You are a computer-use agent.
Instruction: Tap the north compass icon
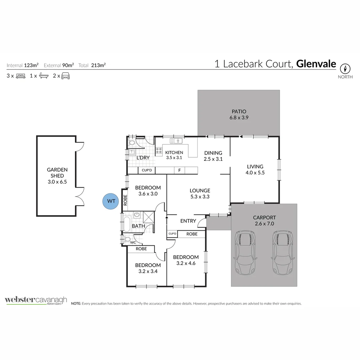tap(345, 69)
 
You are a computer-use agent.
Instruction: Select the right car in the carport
tap(282, 252)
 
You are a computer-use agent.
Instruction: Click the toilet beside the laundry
tap(132, 143)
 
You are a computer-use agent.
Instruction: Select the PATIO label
tap(239, 111)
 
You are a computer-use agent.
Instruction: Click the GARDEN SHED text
tap(57, 173)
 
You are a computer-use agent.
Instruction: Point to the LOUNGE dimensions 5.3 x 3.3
tap(200, 197)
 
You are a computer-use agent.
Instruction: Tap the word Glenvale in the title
tap(316, 64)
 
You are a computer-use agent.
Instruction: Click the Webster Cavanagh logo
tap(36, 300)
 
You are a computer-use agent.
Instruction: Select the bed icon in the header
tap(21, 76)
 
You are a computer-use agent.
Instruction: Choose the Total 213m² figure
tap(92, 65)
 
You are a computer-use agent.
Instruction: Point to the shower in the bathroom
tap(148, 217)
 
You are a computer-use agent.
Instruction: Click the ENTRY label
tap(188, 221)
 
